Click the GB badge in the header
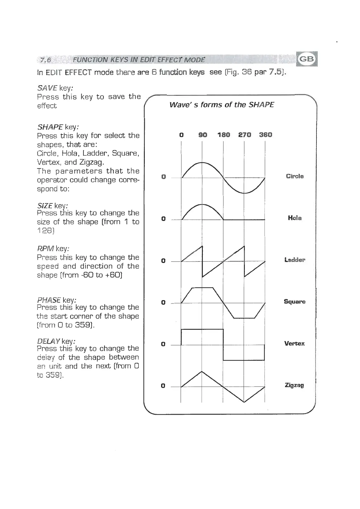pyautogui.click(x=306, y=59)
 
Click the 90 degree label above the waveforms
pyautogui.click(x=203, y=135)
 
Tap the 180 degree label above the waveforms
pyautogui.click(x=224, y=135)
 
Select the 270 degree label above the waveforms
pyautogui.click(x=245, y=135)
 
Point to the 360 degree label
pyautogui.click(x=265, y=135)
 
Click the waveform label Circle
pyautogui.click(x=295, y=176)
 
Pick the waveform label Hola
pyautogui.click(x=295, y=218)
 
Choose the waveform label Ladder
pyautogui.click(x=295, y=260)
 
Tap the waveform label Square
pyautogui.click(x=295, y=302)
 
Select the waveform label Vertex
pyautogui.click(x=294, y=343)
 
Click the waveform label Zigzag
pyautogui.click(x=294, y=385)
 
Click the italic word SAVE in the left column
pyautogui.click(x=47, y=88)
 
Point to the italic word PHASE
pyautogui.click(x=49, y=300)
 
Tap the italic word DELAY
pyautogui.click(x=48, y=342)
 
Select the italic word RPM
pyautogui.click(x=45, y=249)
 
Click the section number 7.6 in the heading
pyautogui.click(x=45, y=60)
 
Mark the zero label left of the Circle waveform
pyautogui.click(x=164, y=177)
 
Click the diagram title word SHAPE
pyautogui.click(x=261, y=105)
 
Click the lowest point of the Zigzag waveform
pyautogui.click(x=244, y=402)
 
